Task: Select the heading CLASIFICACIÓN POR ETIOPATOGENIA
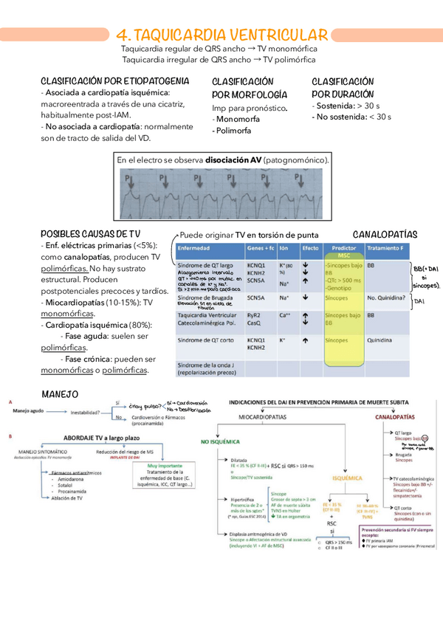pyautogui.click(x=114, y=80)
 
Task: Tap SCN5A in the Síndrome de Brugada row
pyautogui.click(x=257, y=297)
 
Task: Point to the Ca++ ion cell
pyautogui.click(x=285, y=315)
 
